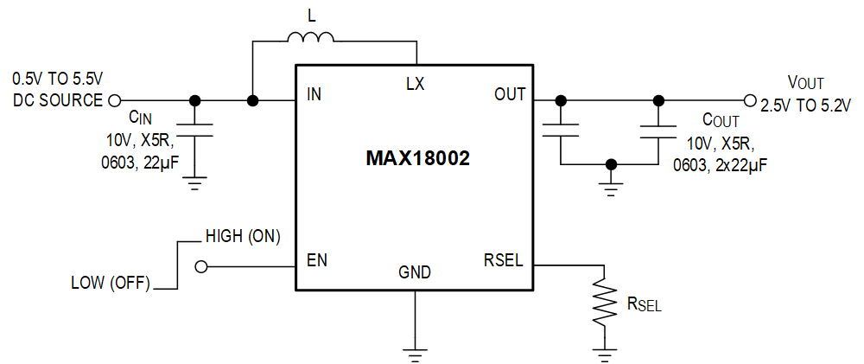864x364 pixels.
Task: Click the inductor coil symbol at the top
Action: (x=310, y=37)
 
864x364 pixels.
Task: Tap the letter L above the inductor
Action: (x=312, y=15)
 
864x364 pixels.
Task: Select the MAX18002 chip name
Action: (x=417, y=159)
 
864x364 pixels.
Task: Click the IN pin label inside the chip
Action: (x=314, y=94)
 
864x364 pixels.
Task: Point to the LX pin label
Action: (x=416, y=84)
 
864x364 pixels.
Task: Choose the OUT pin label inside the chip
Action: (x=509, y=94)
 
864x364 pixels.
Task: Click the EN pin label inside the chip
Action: (x=316, y=260)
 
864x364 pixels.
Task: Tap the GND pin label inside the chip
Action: (x=415, y=272)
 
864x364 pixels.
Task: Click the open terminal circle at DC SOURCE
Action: (x=113, y=100)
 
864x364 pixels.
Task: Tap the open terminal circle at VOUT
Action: (x=749, y=100)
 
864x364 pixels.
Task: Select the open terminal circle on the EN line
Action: (x=202, y=268)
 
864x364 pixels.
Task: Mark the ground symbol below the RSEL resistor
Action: (x=602, y=353)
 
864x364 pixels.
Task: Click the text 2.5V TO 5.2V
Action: (x=805, y=105)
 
